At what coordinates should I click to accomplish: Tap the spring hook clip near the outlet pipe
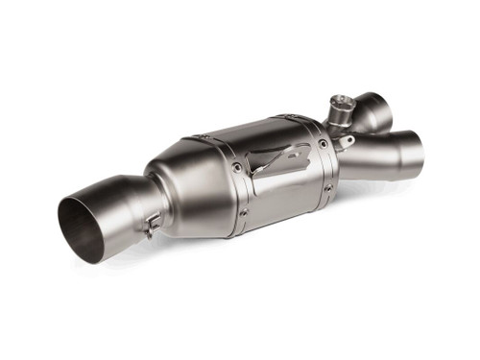pos(152,225)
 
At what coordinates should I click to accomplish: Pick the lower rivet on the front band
pos(244,212)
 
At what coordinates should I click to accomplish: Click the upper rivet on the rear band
pos(323,145)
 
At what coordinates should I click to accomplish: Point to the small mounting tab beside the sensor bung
pos(348,143)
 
